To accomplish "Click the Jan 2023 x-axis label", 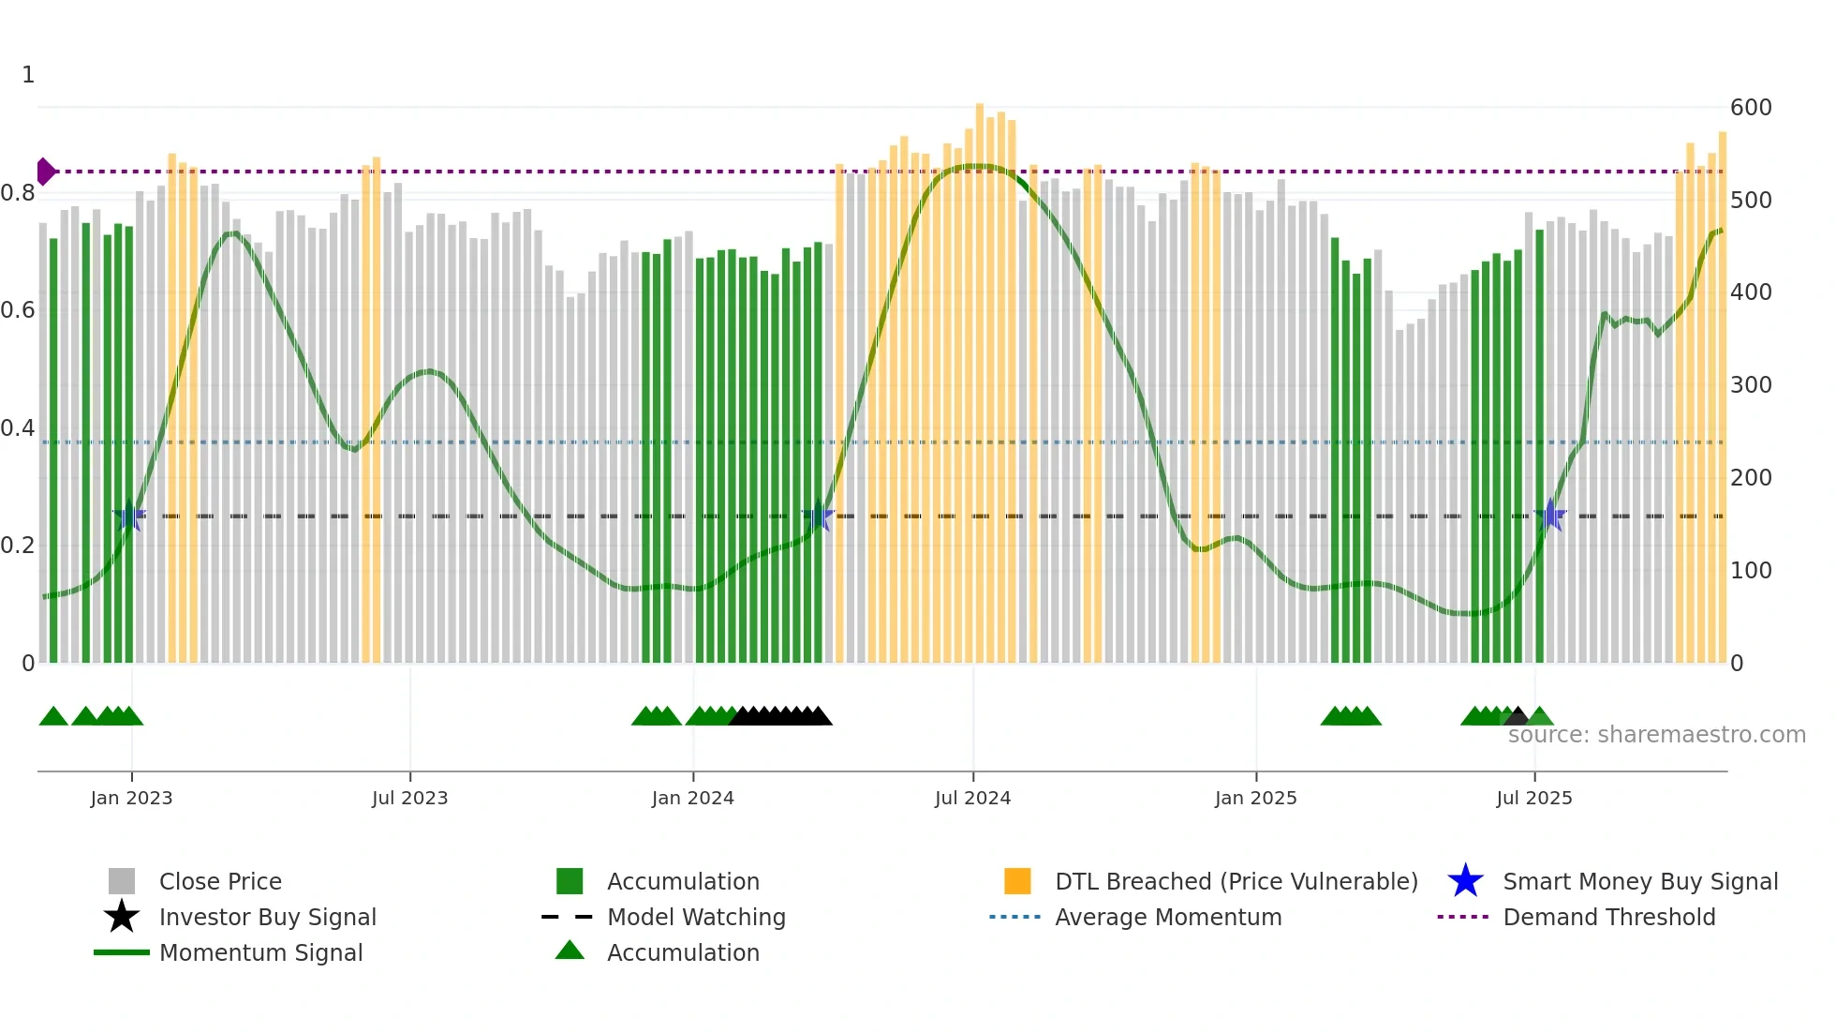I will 131,798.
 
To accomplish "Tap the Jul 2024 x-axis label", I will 972,798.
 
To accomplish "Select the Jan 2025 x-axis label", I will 1255,798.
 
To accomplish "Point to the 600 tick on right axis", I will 1750,108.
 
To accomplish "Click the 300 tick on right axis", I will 1750,385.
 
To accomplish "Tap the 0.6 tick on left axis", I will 18,310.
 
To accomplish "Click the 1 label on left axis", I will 28,75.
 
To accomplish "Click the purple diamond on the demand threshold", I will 45,172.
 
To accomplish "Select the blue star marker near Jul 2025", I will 1550,516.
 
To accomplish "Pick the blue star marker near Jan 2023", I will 129,516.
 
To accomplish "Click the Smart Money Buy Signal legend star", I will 1465,881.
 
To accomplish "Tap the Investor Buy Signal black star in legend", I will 122,917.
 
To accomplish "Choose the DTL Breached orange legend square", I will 1017,881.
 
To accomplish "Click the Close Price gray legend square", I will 122,881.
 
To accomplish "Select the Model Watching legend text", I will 696,917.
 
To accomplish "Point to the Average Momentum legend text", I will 1168,917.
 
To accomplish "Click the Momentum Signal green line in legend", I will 122,952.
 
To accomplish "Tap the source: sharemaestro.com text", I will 1656,735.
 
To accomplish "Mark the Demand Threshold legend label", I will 1608,917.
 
